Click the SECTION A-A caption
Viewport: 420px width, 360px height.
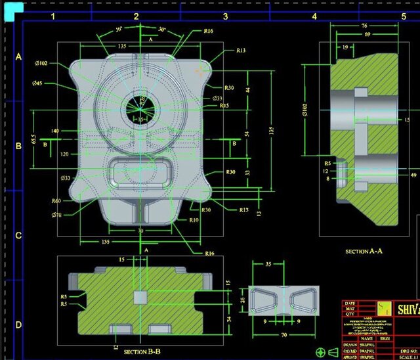click(x=364, y=252)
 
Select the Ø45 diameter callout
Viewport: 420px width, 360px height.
click(x=37, y=83)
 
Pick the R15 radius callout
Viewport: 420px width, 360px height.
click(x=224, y=106)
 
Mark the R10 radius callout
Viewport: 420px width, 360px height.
click(x=194, y=220)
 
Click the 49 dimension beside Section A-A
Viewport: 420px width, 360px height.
click(x=413, y=175)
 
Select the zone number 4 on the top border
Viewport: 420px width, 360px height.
click(x=314, y=16)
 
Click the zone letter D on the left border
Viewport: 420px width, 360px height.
click(x=18, y=325)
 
